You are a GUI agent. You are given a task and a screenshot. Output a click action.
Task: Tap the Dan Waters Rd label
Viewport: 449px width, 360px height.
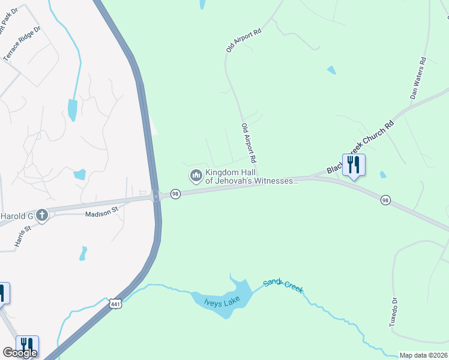417,78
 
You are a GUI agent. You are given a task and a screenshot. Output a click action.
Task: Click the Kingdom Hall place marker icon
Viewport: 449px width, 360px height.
195,176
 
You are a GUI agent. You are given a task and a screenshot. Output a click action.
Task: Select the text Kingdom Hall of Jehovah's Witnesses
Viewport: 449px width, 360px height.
252,176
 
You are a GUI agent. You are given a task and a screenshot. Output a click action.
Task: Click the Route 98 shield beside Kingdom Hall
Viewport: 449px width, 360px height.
175,194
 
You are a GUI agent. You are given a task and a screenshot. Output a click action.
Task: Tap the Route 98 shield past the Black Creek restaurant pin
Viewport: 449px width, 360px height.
385,200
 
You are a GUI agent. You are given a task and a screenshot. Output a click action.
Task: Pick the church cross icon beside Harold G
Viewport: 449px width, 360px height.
41,215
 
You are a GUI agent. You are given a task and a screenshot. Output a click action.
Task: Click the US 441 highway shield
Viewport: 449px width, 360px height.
116,304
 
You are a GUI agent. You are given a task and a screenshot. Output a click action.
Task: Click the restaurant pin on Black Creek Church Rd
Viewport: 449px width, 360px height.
354,164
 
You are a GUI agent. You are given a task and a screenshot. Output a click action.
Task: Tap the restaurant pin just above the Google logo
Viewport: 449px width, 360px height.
27,344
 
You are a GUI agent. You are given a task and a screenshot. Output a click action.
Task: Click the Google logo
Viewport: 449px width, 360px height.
20,353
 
